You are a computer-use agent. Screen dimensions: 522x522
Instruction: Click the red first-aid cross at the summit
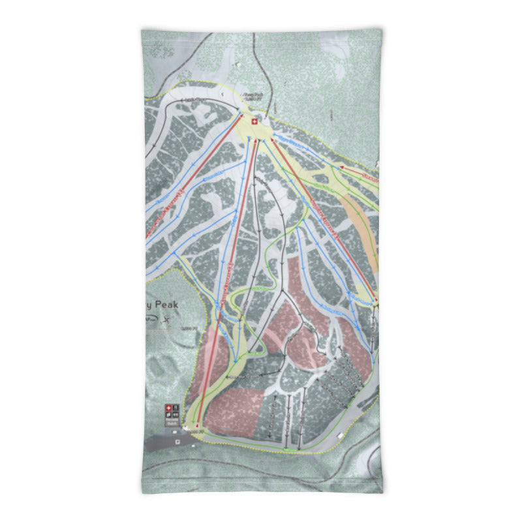[254, 121]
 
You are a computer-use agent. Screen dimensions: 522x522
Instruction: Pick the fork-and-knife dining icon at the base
[175, 409]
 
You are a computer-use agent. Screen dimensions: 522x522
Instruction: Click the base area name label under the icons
[171, 423]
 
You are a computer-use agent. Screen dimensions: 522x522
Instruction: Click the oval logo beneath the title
[151, 319]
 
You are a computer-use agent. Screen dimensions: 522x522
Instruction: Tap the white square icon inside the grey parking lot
[177, 441]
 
